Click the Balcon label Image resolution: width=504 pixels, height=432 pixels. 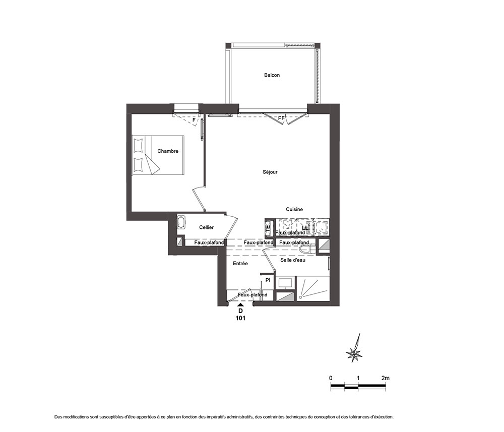[x=272, y=75]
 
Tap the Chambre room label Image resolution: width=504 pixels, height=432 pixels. [x=168, y=151]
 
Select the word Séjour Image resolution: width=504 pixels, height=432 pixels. [x=270, y=172]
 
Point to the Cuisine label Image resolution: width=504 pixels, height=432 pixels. [x=294, y=209]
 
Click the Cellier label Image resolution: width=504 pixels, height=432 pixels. [x=206, y=227]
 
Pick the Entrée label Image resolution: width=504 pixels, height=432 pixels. [x=240, y=263]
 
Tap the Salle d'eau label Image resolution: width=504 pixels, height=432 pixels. [x=293, y=260]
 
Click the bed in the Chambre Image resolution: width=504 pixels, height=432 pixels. [x=158, y=155]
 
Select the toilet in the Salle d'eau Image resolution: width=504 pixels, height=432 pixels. [x=307, y=249]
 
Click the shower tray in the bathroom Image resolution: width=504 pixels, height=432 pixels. [x=313, y=288]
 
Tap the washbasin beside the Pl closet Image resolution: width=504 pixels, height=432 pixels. [x=285, y=283]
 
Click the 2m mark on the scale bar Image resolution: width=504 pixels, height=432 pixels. [x=385, y=378]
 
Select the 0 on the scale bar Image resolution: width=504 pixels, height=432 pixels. [x=331, y=378]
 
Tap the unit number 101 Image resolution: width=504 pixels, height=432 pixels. [x=240, y=318]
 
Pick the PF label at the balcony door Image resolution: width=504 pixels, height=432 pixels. [x=281, y=118]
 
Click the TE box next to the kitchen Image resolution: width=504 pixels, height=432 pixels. [x=268, y=228]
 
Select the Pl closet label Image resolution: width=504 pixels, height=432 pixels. [x=268, y=280]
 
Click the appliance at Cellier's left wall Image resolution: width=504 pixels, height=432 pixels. [x=181, y=222]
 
